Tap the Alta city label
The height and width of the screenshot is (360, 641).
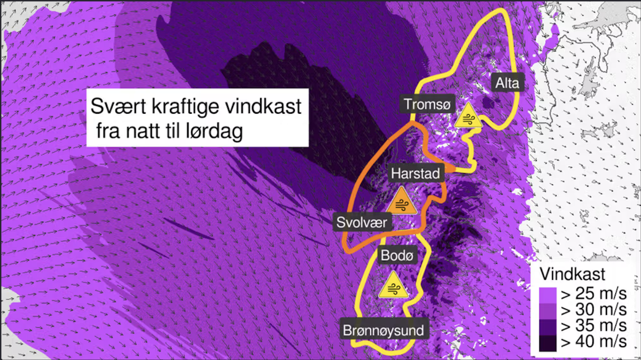point(507,83)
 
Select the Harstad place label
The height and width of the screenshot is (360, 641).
point(415,174)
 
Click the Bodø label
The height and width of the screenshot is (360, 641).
point(397,256)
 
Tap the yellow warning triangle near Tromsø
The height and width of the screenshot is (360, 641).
point(468,116)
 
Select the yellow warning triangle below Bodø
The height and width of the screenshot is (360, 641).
point(393,286)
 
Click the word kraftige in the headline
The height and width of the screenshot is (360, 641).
point(182,107)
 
